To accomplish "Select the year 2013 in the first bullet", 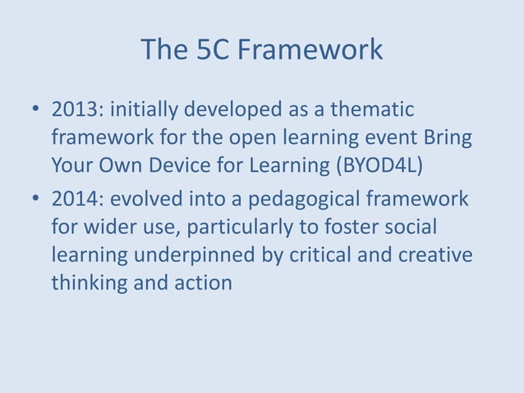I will (74, 109).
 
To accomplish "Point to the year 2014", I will (74, 199).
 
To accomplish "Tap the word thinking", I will (84, 283).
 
